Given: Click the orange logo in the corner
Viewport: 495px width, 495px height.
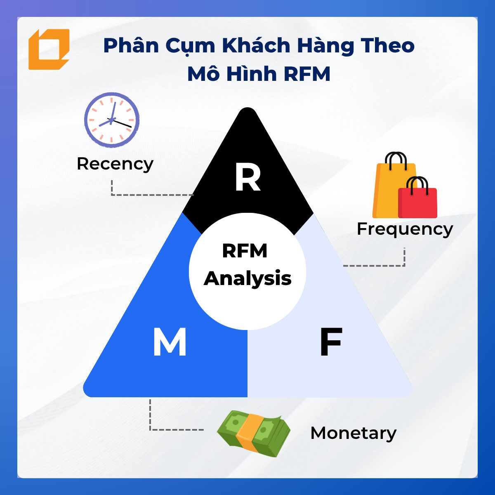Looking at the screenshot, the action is point(49,49).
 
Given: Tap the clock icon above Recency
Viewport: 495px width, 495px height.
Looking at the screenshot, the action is point(112,120).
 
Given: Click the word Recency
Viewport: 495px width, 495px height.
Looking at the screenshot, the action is point(115,164).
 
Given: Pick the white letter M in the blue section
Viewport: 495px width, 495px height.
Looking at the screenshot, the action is point(170,342).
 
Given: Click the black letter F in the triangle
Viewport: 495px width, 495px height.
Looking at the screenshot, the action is point(331,342).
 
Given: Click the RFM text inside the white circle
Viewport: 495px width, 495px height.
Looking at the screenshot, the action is point(245,251).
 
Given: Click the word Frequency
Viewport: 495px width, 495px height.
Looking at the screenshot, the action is point(405,229).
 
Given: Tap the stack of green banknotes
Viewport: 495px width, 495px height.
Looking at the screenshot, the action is point(254,434).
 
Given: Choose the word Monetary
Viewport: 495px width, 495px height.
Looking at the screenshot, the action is point(354,434).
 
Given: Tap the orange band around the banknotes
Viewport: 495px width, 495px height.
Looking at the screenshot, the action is point(248,434).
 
